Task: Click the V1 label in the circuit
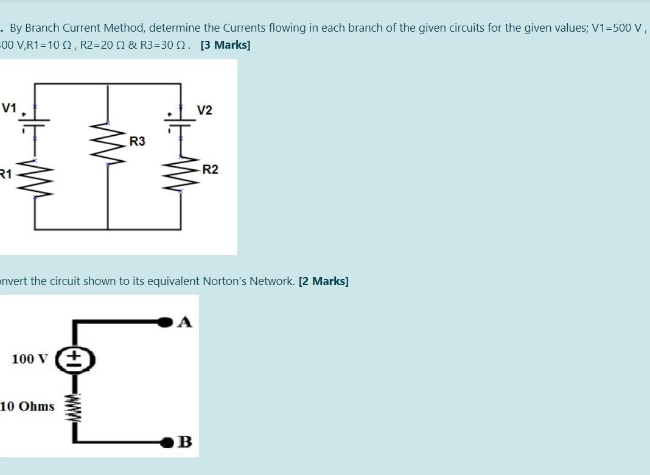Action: (9, 108)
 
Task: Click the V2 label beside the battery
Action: (205, 110)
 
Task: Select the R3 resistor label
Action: (138, 142)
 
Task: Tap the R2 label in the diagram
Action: (210, 170)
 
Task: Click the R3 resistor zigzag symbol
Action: (108, 144)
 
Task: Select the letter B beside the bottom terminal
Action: (185, 442)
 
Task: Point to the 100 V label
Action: (29, 359)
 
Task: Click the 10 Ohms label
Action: (27, 406)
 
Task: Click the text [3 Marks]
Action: (225, 45)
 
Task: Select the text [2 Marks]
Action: (323, 281)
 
